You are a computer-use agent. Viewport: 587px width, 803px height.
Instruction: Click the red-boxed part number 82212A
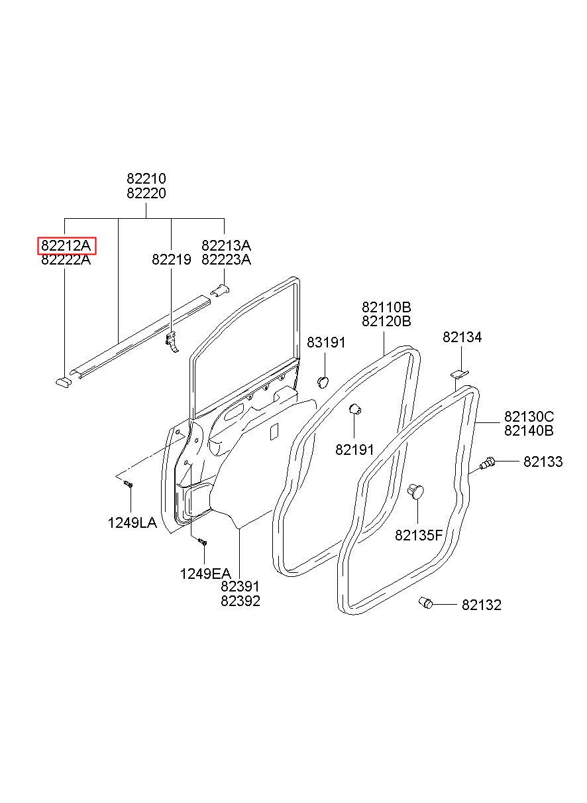tap(66, 245)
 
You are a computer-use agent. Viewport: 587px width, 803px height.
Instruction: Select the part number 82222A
tap(66, 259)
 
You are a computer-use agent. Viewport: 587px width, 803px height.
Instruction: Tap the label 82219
tap(171, 259)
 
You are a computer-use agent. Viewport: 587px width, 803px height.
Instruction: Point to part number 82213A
tap(226, 245)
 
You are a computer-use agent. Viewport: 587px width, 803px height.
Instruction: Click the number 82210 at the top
tap(146, 178)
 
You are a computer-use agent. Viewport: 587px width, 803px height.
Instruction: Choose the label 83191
tap(326, 343)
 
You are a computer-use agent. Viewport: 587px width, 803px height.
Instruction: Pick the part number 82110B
tap(386, 307)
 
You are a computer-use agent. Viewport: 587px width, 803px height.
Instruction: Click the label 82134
tap(462, 337)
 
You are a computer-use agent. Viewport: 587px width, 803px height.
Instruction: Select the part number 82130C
tap(529, 416)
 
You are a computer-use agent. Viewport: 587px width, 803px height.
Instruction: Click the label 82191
tap(354, 450)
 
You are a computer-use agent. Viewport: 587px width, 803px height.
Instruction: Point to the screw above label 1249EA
tap(203, 552)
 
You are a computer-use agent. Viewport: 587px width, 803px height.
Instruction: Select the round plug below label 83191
tap(323, 382)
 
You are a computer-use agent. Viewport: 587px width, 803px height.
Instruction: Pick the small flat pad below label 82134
tap(458, 374)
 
